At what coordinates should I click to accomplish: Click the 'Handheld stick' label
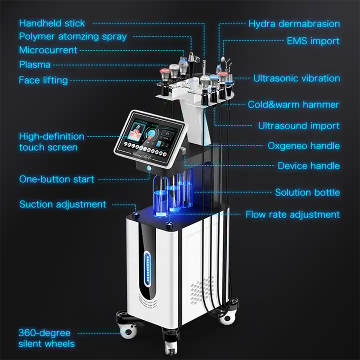[52, 23]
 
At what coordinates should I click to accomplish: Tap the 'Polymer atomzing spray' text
[72, 36]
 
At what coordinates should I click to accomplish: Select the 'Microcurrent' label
[48, 50]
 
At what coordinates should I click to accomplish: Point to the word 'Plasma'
[35, 64]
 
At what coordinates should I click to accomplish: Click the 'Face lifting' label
[43, 80]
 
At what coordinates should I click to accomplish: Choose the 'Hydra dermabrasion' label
[294, 23]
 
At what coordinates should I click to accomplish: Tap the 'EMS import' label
[313, 41]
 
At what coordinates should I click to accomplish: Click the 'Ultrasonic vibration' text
[296, 78]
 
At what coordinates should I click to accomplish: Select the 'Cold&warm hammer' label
[293, 104]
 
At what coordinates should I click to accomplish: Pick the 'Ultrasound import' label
[298, 126]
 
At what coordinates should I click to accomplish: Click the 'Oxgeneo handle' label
[304, 146]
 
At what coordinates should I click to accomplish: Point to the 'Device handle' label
[308, 166]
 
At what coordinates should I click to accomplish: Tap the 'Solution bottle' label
[307, 193]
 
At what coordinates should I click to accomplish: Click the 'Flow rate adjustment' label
[292, 215]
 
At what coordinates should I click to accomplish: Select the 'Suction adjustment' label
[63, 204]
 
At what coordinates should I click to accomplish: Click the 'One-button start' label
[57, 179]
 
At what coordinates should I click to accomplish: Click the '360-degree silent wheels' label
[47, 338]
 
